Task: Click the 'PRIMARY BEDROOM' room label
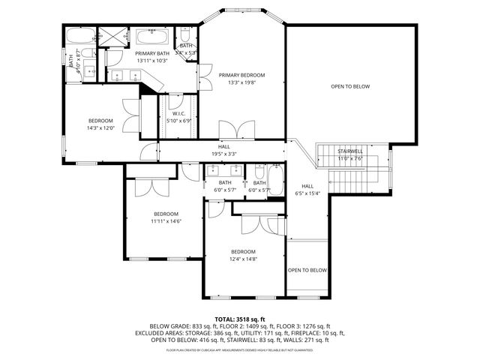pos(241,75)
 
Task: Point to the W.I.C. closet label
pos(178,113)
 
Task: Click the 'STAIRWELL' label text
pos(350,151)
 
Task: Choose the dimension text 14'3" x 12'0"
pos(100,128)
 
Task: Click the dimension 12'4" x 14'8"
pos(243,259)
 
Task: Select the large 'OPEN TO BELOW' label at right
pos(350,87)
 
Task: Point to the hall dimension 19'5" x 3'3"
pos(224,154)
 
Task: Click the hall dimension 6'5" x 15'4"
pos(307,193)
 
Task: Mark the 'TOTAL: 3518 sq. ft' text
pos(240,319)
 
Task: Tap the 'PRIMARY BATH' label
pos(151,54)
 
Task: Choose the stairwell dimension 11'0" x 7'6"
pos(350,158)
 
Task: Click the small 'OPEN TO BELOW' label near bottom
pos(307,270)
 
